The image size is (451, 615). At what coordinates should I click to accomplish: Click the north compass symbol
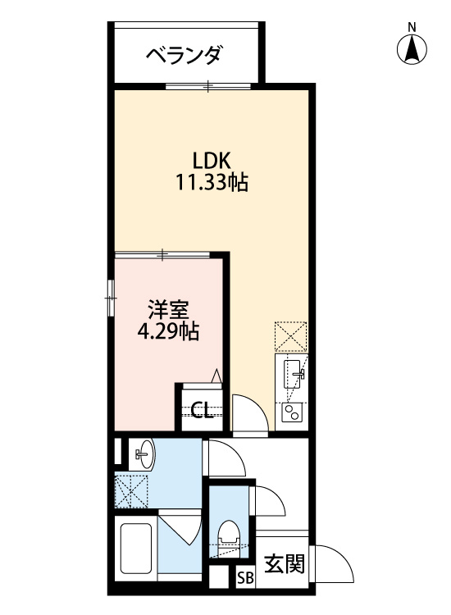(x=412, y=48)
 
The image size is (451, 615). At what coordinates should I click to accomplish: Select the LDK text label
(x=211, y=160)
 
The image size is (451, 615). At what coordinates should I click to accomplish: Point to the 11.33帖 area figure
(x=211, y=182)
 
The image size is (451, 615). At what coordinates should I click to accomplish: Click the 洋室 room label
(x=169, y=310)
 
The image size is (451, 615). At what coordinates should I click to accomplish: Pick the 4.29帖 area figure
(x=169, y=331)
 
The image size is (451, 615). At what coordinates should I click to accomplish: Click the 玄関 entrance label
(x=285, y=563)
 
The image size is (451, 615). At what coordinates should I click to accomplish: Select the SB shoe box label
(x=245, y=577)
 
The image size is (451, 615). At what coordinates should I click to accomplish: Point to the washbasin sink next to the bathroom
(x=143, y=453)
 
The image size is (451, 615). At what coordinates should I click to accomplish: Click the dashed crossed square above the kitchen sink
(x=291, y=336)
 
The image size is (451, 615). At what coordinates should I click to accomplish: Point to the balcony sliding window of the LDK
(x=208, y=84)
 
